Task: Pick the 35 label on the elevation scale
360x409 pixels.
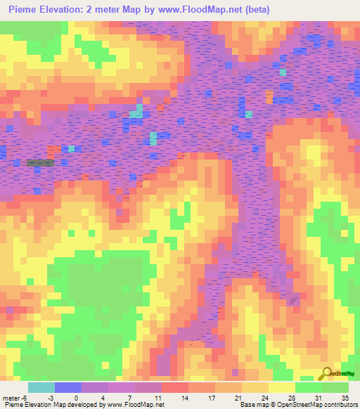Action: [x=345, y=398]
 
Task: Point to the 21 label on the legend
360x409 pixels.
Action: [x=243, y=398]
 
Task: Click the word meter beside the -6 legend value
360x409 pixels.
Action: [x=13, y=398]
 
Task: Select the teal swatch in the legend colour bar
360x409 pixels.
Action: [x=41, y=387]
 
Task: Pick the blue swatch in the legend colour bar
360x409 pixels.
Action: [x=68, y=387]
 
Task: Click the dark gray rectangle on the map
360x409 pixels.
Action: [x=40, y=163]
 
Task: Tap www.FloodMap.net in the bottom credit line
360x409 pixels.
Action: [x=134, y=405]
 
